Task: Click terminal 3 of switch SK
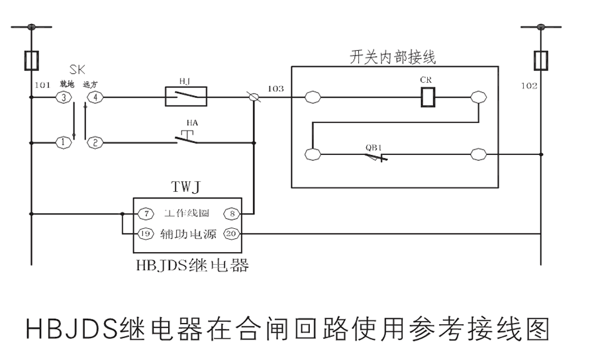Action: [63, 98]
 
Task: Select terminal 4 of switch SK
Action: [95, 98]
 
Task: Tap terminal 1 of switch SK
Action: [63, 142]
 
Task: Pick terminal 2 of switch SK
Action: [95, 142]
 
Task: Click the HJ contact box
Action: [185, 98]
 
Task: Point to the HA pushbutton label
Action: [191, 123]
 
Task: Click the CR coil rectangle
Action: [428, 98]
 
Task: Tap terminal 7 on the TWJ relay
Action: [145, 214]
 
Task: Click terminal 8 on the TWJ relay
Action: [232, 214]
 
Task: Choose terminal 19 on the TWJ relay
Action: [145, 234]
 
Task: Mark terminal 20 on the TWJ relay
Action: [232, 234]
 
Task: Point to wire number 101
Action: [42, 85]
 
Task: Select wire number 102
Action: [529, 85]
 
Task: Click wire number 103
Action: [275, 88]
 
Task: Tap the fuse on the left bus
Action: [30, 60]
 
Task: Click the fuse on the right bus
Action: [541, 60]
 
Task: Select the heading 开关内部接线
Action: [393, 57]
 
